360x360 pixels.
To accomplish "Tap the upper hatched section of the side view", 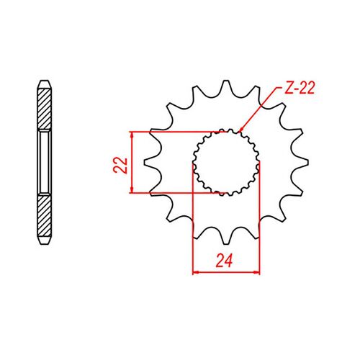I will click(43, 108).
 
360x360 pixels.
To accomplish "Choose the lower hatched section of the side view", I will click(43, 216).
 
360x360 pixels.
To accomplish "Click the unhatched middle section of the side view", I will click(43, 163).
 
